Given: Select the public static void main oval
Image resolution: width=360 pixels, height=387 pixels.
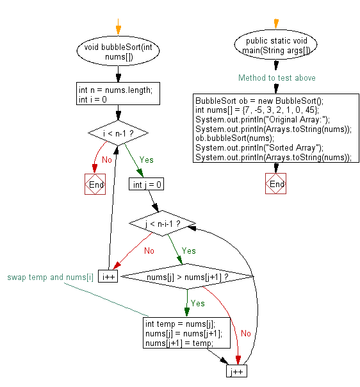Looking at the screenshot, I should [x=275, y=46].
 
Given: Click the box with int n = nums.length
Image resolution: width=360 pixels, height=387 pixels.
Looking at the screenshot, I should [x=116, y=95].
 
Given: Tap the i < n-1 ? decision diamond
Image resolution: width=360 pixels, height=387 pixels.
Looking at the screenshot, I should [x=118, y=133].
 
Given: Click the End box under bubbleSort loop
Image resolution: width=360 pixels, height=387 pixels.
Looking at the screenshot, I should [x=95, y=185].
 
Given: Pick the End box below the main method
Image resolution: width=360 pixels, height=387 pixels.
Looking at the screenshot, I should [x=275, y=184].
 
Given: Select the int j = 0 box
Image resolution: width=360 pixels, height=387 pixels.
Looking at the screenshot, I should [x=147, y=185].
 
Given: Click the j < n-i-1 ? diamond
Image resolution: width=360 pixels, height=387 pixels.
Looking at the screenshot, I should [x=163, y=224].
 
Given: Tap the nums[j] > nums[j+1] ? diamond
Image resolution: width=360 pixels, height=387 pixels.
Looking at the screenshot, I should [x=187, y=277].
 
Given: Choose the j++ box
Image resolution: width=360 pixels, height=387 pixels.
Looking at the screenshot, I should [x=236, y=372].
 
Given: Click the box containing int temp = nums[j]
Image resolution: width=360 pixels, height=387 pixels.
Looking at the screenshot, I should [x=179, y=333].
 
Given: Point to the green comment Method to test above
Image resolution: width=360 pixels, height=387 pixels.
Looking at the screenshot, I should [x=277, y=78].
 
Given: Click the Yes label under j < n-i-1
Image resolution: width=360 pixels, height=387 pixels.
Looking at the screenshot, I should [x=189, y=251].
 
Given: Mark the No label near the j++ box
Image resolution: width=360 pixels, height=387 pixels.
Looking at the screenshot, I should [x=246, y=333].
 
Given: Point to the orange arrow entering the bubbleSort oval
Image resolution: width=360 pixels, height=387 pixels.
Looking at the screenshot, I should [x=118, y=29].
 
